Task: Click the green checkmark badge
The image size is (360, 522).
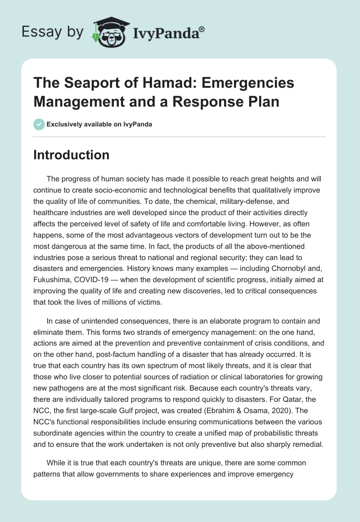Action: pyautogui.click(x=39, y=124)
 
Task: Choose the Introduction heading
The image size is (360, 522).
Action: pyautogui.click(x=72, y=155)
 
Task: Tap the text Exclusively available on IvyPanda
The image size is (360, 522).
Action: pyautogui.click(x=100, y=124)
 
